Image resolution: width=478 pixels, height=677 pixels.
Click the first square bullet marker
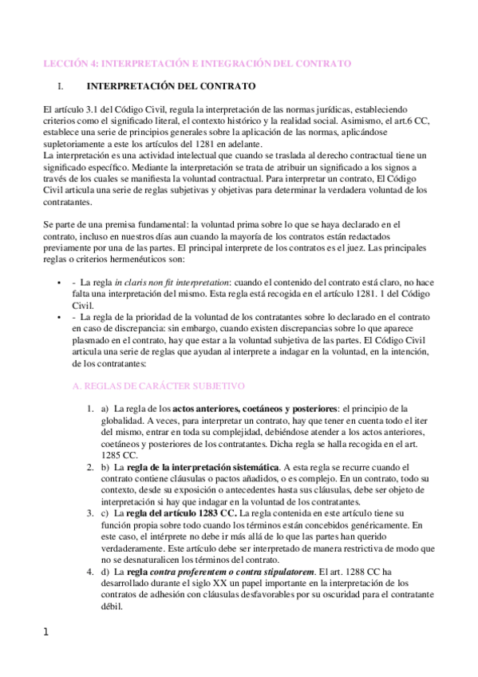(x=61, y=283)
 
